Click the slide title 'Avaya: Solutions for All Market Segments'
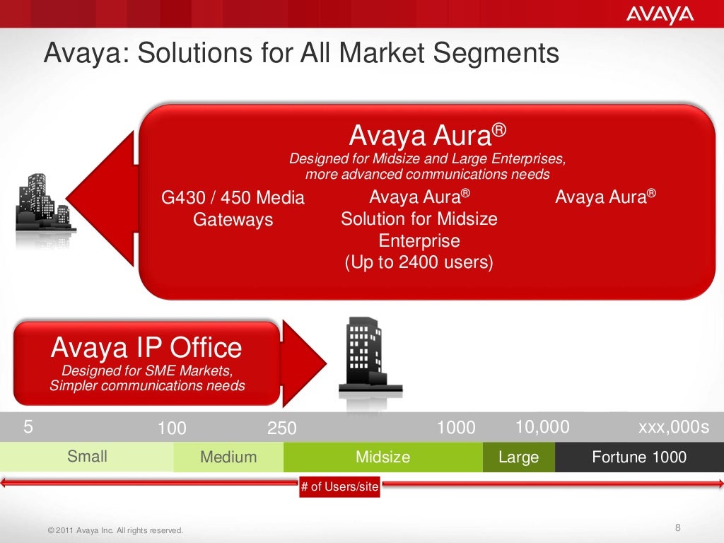coord(301,54)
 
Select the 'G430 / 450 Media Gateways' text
coord(233,209)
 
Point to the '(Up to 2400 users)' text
coord(419,263)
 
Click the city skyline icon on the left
coord(43,204)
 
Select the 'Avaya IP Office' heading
coord(146,348)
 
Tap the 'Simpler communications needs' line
coord(147,385)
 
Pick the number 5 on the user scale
coord(28,426)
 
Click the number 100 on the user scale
coord(172,428)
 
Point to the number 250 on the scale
coord(281,428)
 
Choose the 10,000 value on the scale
coord(542,426)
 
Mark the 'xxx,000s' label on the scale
coord(673,426)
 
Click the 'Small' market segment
coord(87,457)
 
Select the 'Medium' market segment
coord(228,457)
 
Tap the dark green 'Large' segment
coord(518,457)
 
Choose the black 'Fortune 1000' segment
coord(638,457)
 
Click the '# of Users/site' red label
coord(339,487)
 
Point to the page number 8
coord(678,528)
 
